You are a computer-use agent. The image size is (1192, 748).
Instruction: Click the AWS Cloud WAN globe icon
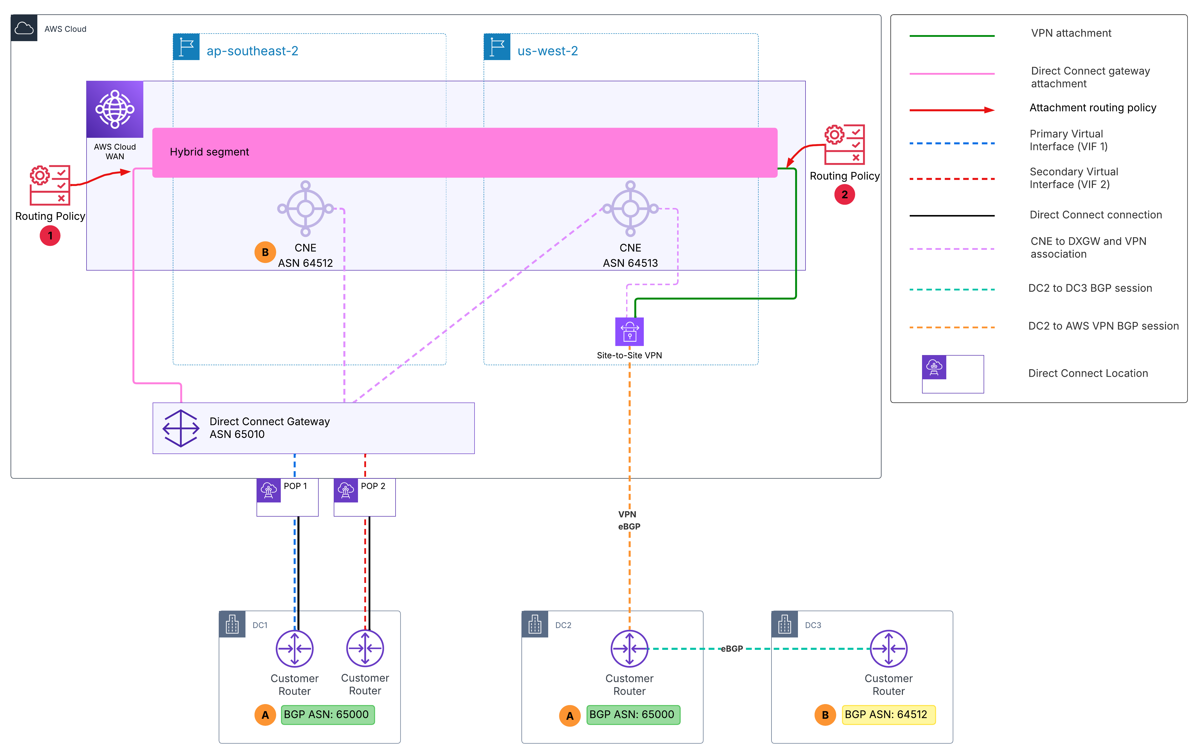pos(115,109)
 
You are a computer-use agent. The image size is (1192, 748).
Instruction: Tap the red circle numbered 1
pos(50,235)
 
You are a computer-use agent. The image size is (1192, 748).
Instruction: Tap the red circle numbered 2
pos(844,194)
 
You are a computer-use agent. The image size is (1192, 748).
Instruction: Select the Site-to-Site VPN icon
pos(629,331)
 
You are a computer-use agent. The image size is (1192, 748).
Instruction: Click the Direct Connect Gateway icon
pos(181,428)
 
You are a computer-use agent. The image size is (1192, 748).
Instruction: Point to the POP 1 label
pos(295,486)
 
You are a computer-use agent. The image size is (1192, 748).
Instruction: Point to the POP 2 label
pos(373,486)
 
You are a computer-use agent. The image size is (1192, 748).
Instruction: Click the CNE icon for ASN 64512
pos(306,208)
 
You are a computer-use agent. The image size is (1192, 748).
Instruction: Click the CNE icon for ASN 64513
pos(630,208)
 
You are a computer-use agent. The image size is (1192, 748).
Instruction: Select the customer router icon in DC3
pos(889,649)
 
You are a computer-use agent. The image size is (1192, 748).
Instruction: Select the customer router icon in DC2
pos(629,649)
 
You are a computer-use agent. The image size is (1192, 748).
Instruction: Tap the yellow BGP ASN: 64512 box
pos(889,714)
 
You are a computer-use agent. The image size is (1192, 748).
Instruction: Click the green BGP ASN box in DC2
pos(633,714)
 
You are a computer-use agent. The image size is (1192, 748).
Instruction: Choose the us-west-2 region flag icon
pos(497,47)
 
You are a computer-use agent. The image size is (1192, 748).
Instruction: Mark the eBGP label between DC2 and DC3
pos(732,649)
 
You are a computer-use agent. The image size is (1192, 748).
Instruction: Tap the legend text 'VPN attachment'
pos(1071,33)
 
